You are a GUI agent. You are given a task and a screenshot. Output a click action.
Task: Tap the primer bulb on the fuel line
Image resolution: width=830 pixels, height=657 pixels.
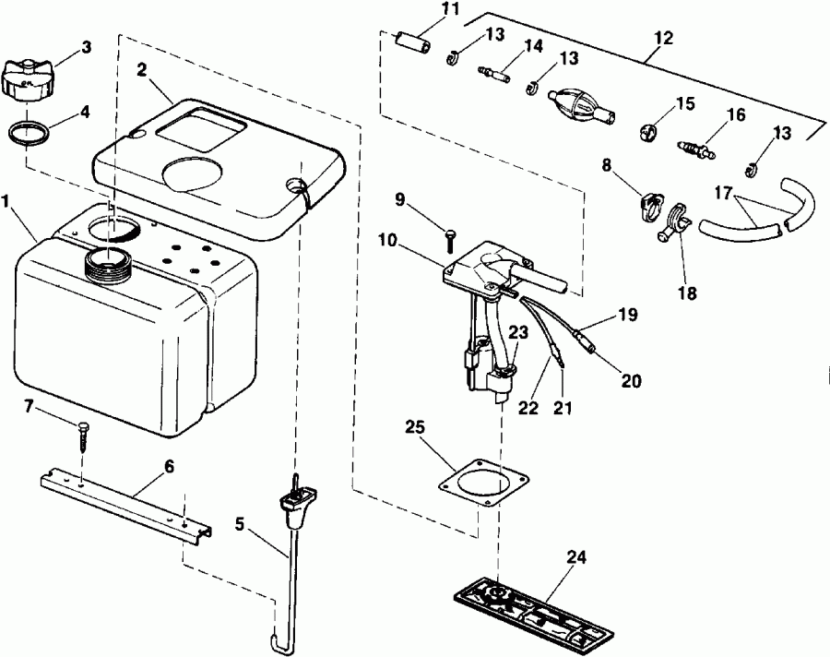point(582,104)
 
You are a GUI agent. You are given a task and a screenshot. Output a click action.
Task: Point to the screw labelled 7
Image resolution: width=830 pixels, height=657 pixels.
point(85,436)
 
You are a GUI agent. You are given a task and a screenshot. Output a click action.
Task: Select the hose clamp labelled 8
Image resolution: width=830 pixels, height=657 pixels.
point(649,206)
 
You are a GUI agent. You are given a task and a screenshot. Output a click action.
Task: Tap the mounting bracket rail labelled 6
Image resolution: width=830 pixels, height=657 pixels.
point(126,505)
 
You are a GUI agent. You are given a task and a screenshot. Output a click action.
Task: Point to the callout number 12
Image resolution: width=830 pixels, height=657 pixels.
point(663,39)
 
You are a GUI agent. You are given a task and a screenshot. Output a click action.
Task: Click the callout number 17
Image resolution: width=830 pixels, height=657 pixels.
point(724,192)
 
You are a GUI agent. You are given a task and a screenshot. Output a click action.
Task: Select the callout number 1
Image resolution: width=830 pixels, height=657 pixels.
point(6,201)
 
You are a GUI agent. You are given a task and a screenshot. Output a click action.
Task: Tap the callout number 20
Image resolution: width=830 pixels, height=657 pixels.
point(631,381)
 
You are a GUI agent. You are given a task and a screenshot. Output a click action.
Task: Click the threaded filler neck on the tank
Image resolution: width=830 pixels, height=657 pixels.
point(108,263)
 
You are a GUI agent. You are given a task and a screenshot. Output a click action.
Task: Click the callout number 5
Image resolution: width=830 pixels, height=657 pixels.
point(240,524)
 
